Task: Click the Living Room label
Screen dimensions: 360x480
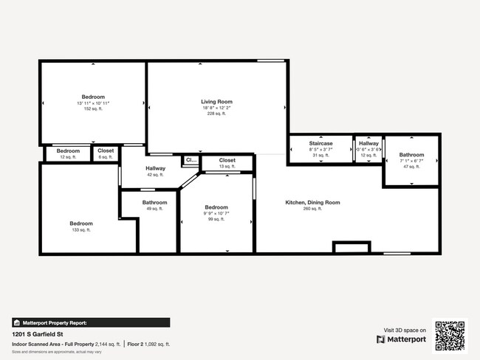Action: coord(216,102)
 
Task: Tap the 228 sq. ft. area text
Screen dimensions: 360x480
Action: coord(216,114)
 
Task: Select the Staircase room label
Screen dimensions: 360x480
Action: coord(320,143)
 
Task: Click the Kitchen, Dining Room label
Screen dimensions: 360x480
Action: coord(312,202)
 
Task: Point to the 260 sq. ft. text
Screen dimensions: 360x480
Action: coord(312,209)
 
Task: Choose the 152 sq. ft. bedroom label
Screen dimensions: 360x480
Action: coord(93,97)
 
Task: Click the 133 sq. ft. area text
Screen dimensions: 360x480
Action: coord(81,230)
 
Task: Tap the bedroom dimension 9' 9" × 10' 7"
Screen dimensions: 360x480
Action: coord(216,213)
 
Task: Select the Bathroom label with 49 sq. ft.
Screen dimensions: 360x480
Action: coord(155,202)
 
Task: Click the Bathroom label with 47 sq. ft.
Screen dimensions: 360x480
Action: coord(412,155)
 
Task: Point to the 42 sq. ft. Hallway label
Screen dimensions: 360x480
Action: coord(155,168)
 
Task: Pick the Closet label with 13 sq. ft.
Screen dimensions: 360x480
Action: coord(227,160)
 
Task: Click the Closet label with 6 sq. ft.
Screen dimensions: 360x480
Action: coord(106,150)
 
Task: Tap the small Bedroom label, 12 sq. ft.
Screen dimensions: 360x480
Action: coord(68,150)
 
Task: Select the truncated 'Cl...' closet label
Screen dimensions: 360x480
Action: coord(191,159)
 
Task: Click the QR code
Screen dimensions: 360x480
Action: coord(450,336)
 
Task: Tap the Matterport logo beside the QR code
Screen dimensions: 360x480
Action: coord(402,339)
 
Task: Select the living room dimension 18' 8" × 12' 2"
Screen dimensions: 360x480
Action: coord(216,108)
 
